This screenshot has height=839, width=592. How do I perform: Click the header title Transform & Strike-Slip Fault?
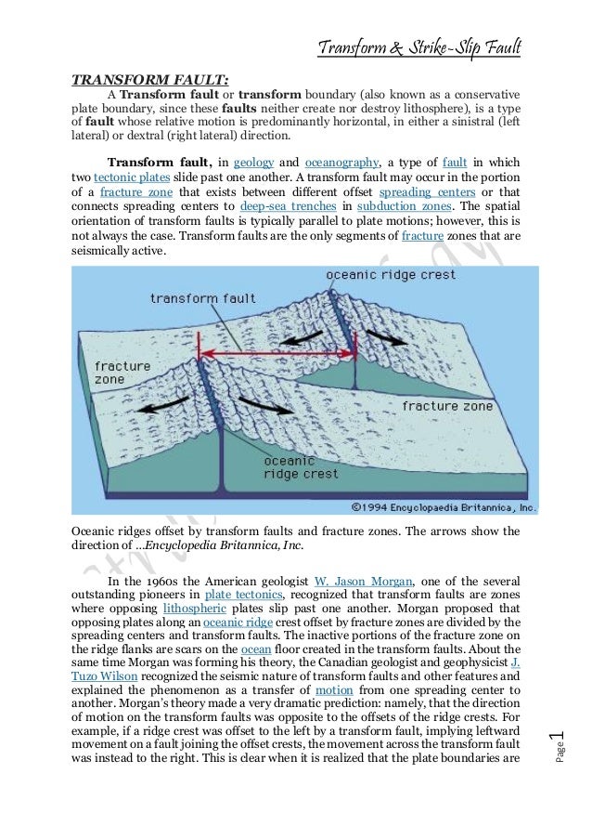coord(418,46)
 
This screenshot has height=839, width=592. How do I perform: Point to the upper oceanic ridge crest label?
coord(391,275)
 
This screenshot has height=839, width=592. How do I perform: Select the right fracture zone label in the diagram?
coord(446,406)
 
